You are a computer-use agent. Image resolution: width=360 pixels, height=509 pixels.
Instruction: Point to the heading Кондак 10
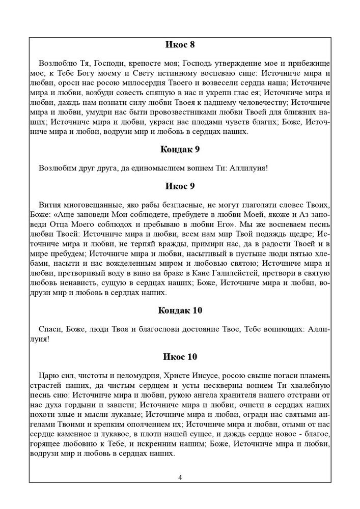click(x=180, y=310)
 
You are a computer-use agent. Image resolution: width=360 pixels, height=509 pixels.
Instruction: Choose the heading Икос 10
click(x=180, y=356)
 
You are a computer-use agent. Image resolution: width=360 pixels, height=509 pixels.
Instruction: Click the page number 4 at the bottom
click(x=180, y=477)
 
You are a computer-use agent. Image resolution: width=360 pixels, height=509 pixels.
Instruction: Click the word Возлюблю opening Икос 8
click(x=57, y=64)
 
